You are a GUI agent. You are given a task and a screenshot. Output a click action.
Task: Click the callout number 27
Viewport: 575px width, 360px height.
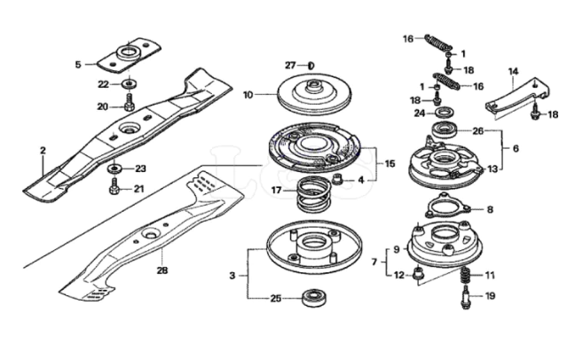[289, 67]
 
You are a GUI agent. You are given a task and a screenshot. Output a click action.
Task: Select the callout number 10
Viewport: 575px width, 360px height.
[248, 93]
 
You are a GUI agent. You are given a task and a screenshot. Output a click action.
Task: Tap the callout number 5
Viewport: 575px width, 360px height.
[78, 64]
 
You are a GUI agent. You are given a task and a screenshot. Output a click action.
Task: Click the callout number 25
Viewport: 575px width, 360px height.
[275, 299]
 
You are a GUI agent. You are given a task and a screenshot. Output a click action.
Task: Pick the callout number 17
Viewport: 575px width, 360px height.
[277, 190]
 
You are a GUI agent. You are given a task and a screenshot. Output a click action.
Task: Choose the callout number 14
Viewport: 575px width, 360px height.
[513, 71]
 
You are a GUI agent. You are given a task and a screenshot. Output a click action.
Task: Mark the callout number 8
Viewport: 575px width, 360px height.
[489, 209]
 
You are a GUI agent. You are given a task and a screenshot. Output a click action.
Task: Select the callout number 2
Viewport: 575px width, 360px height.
[42, 151]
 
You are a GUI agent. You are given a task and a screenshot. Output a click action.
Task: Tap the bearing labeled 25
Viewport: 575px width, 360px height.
[313, 298]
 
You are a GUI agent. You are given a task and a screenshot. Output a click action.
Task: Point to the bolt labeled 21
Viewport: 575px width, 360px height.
[114, 188]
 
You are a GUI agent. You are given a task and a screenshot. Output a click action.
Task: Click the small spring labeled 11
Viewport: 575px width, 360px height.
[462, 277]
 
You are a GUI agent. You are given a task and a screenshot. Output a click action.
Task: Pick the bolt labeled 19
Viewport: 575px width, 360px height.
[462, 301]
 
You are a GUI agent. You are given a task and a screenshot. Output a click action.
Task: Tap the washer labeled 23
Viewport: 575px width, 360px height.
[115, 168]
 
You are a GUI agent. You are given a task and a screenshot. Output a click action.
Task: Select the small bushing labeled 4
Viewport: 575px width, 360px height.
[337, 181]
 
